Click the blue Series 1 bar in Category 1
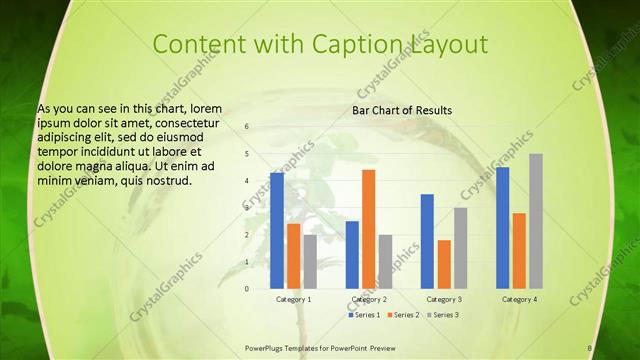277,231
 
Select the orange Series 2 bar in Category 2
369,229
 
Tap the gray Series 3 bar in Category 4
536,221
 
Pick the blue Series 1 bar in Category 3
427,241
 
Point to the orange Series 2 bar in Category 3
444,264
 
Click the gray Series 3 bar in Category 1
310,261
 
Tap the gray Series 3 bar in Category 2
386,261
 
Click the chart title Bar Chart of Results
402,110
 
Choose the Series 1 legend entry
363,315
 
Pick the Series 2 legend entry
402,315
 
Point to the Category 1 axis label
293,299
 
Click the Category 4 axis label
519,299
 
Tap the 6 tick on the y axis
247,127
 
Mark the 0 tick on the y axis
247,288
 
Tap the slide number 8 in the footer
590,348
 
